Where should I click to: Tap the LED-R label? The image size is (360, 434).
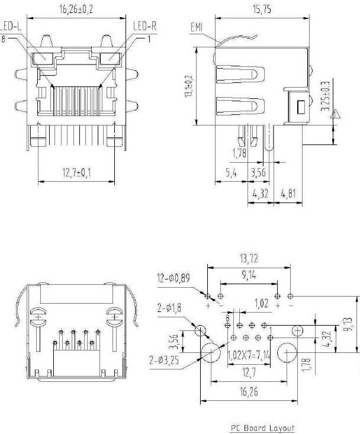click(144, 27)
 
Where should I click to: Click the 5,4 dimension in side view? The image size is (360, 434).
click(232, 173)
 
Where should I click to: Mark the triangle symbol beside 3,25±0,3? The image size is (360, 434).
click(336, 115)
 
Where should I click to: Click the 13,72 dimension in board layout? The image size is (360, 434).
click(249, 259)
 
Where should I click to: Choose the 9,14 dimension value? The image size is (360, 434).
click(249, 275)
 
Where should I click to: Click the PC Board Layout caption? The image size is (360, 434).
click(262, 427)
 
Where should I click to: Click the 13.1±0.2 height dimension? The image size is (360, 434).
click(188, 86)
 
